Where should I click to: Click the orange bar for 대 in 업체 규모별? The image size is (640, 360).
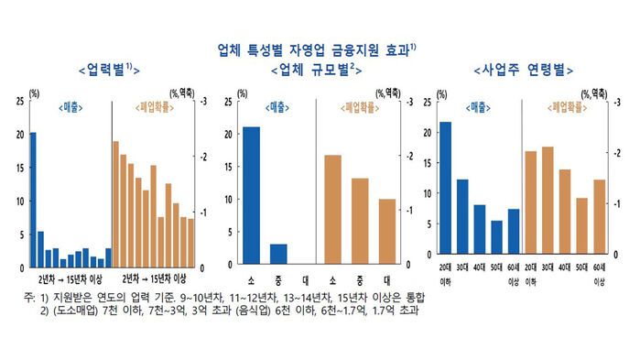pos(387,232)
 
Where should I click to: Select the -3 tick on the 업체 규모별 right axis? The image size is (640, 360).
pos(408,101)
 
